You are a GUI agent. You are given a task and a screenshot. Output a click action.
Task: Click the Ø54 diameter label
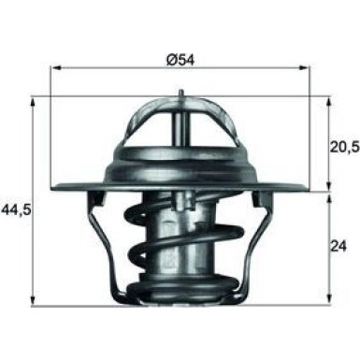pos(180,58)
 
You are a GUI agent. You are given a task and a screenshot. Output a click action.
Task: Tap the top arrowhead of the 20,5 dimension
pos(329,98)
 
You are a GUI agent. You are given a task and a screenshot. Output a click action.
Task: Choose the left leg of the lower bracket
pos(108,243)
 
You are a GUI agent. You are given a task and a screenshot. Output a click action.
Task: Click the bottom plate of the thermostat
pos(180,297)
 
